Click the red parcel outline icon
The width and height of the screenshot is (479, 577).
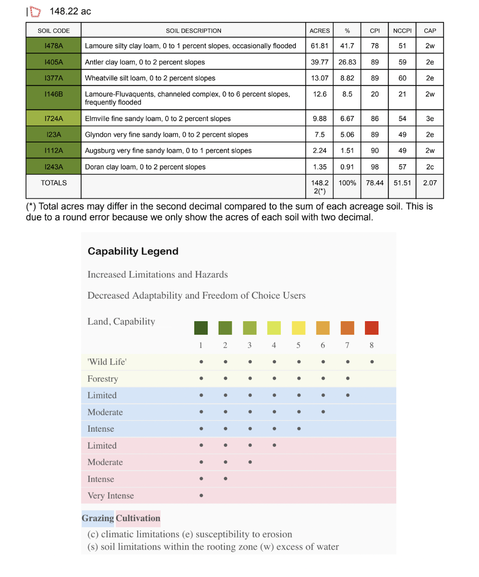[35, 11]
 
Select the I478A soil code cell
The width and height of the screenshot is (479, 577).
[53, 46]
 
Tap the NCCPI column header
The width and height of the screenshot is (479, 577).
[402, 31]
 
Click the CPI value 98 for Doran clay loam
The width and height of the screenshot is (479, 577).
[375, 167]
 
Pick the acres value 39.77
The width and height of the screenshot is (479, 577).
[319, 62]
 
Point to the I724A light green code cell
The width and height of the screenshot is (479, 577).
[53, 118]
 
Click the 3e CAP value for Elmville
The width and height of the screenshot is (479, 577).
[430, 118]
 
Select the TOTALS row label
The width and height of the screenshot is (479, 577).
[54, 183]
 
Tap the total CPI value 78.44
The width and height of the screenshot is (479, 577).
[375, 183]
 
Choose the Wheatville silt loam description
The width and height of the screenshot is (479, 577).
[150, 78]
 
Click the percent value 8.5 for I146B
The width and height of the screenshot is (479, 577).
[347, 94]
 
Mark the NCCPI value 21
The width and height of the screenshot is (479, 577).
[402, 94]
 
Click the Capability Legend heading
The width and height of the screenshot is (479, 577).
[133, 251]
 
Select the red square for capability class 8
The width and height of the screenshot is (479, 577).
[372, 328]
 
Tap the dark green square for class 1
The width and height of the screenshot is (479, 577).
[201, 328]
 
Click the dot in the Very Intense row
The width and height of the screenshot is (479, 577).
[201, 495]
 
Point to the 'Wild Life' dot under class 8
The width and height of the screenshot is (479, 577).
[372, 362]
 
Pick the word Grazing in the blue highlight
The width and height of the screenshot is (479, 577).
[98, 518]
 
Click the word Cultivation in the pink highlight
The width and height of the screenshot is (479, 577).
[138, 518]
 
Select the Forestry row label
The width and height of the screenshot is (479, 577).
[103, 379]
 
